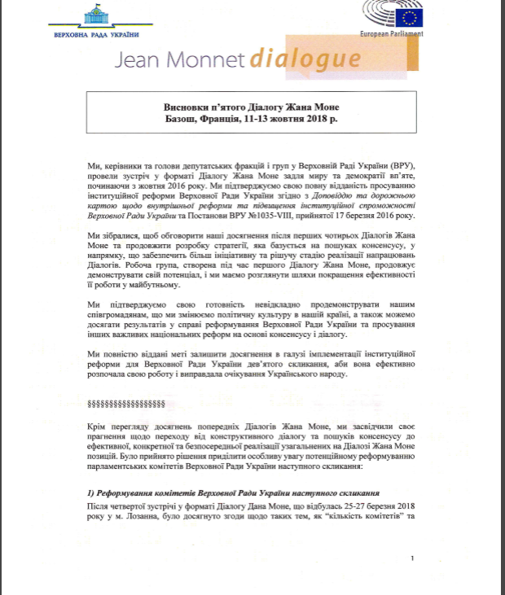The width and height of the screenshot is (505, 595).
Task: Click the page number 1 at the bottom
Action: point(415,558)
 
